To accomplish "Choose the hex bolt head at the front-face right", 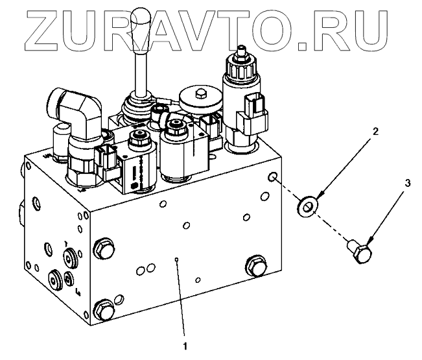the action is pyautogui.click(x=253, y=265).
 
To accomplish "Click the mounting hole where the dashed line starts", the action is pyautogui.click(x=274, y=178).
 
